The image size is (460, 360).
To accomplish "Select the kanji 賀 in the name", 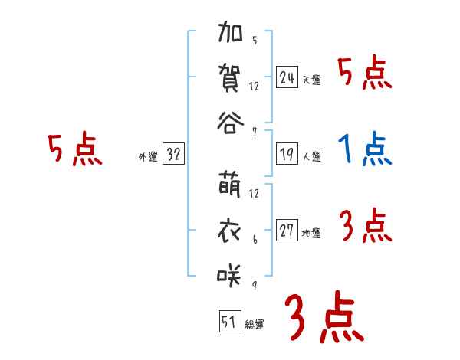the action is pyautogui.click(x=231, y=79).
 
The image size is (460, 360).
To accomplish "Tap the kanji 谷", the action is pyautogui.click(x=231, y=123).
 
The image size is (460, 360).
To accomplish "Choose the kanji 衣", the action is pyautogui.click(x=231, y=231).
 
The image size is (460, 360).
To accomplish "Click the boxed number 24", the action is pyautogui.click(x=287, y=77).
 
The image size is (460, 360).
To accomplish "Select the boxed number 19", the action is pyautogui.click(x=287, y=154).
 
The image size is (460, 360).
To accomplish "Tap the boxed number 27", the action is pyautogui.click(x=287, y=231).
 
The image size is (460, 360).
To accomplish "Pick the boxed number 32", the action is pyautogui.click(x=173, y=155).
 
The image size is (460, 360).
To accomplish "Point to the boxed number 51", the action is pyautogui.click(x=229, y=322).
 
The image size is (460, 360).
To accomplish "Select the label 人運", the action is pyautogui.click(x=311, y=157).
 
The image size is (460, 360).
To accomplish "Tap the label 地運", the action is pyautogui.click(x=311, y=234).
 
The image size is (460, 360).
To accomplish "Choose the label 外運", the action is pyautogui.click(x=148, y=157).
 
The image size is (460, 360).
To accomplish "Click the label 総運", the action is pyautogui.click(x=255, y=325).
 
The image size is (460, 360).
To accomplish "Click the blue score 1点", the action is pyautogui.click(x=366, y=150).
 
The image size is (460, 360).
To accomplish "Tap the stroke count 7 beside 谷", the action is pyautogui.click(x=254, y=131).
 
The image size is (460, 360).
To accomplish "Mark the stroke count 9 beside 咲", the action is pyautogui.click(x=254, y=284).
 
